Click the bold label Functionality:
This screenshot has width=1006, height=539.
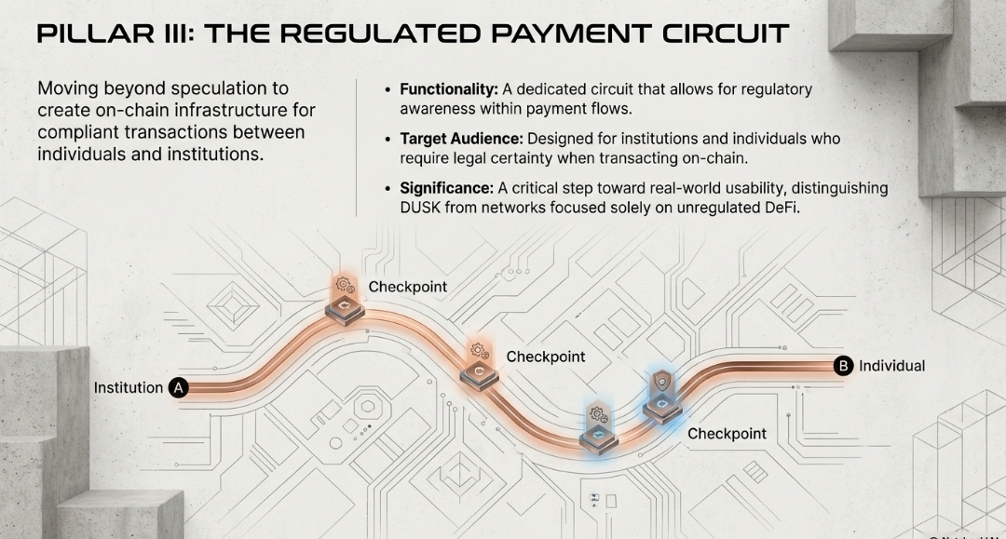[448, 89]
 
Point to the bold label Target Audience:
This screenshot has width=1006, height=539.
[458, 139]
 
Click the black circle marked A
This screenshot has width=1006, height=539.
[179, 388]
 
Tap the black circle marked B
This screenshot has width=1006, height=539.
[844, 366]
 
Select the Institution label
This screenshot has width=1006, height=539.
[129, 388]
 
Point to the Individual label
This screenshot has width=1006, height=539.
[891, 366]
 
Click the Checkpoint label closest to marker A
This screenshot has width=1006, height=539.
[407, 287]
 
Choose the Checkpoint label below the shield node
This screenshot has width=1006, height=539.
[727, 434]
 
